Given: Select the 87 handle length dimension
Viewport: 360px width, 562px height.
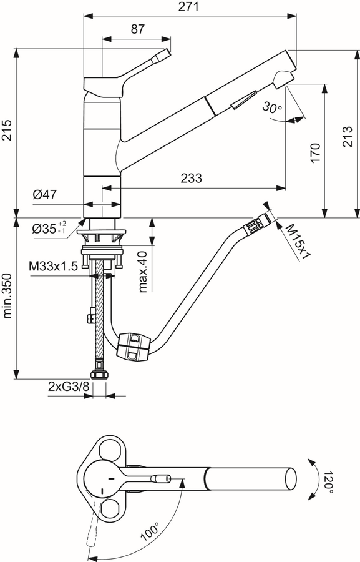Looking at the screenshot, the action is [137, 29].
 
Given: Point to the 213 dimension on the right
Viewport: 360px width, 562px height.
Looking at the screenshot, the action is [348, 136].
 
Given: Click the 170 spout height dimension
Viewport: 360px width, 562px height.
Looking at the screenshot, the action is [315, 153].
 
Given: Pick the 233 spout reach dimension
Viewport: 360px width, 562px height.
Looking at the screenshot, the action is [191, 178].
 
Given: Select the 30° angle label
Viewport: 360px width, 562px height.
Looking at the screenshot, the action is [272, 107].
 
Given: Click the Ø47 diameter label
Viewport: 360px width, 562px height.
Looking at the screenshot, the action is [45, 195].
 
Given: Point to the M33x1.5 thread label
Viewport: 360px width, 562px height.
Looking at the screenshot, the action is [54, 266].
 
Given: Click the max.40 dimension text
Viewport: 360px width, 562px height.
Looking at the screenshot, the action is [143, 272].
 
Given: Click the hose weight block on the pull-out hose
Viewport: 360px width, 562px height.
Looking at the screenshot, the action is [132, 345].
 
